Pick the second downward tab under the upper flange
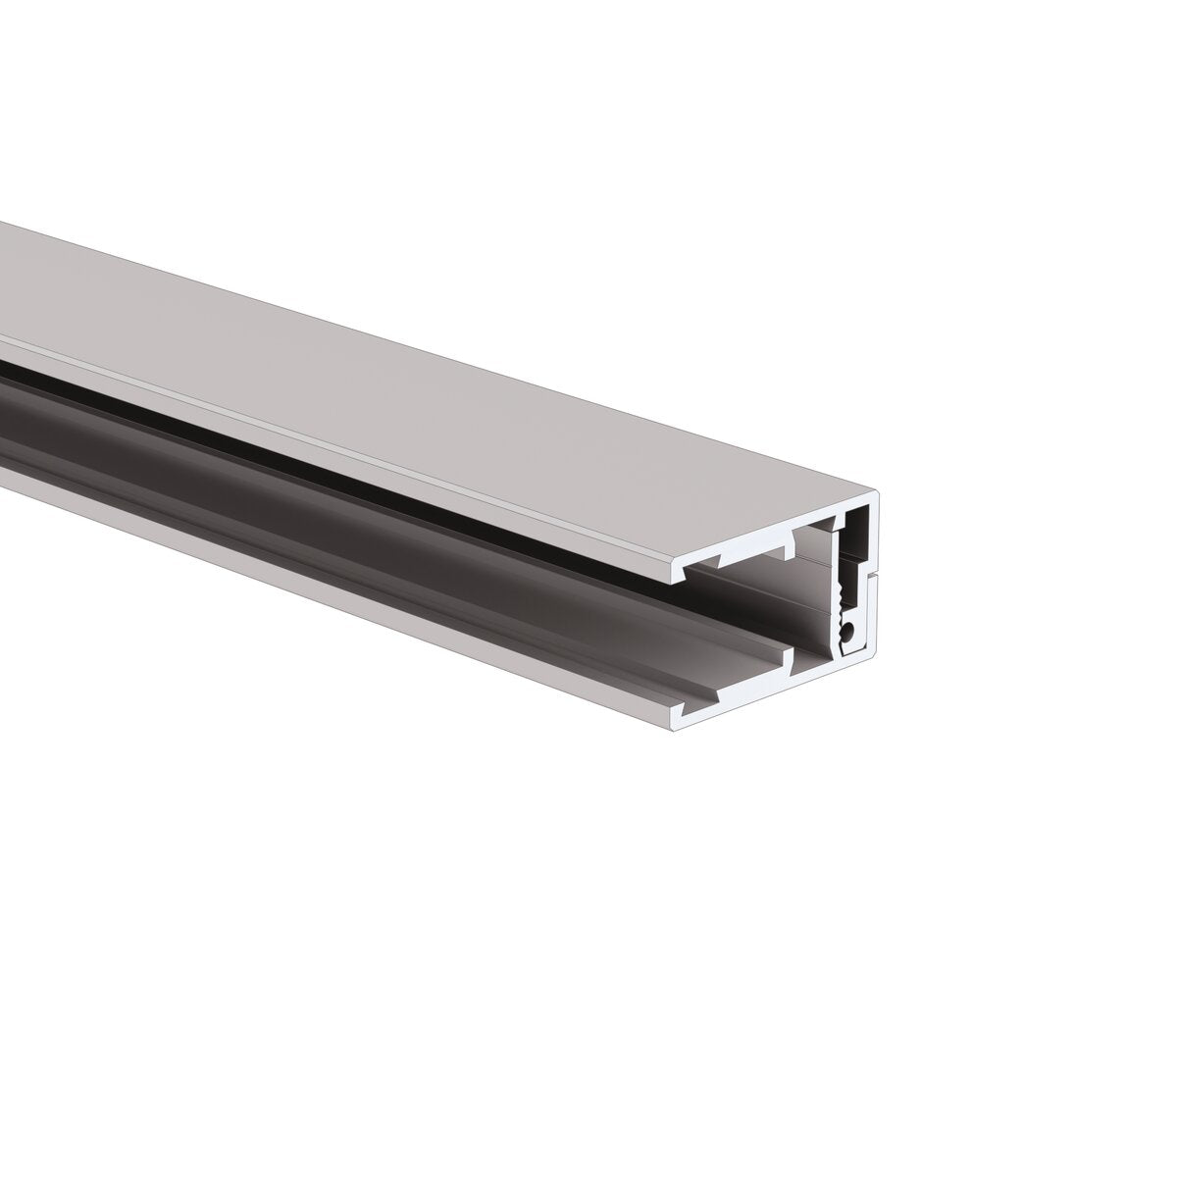(x=788, y=540)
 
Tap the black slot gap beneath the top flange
(x=294, y=446)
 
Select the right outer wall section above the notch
(x=877, y=535)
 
